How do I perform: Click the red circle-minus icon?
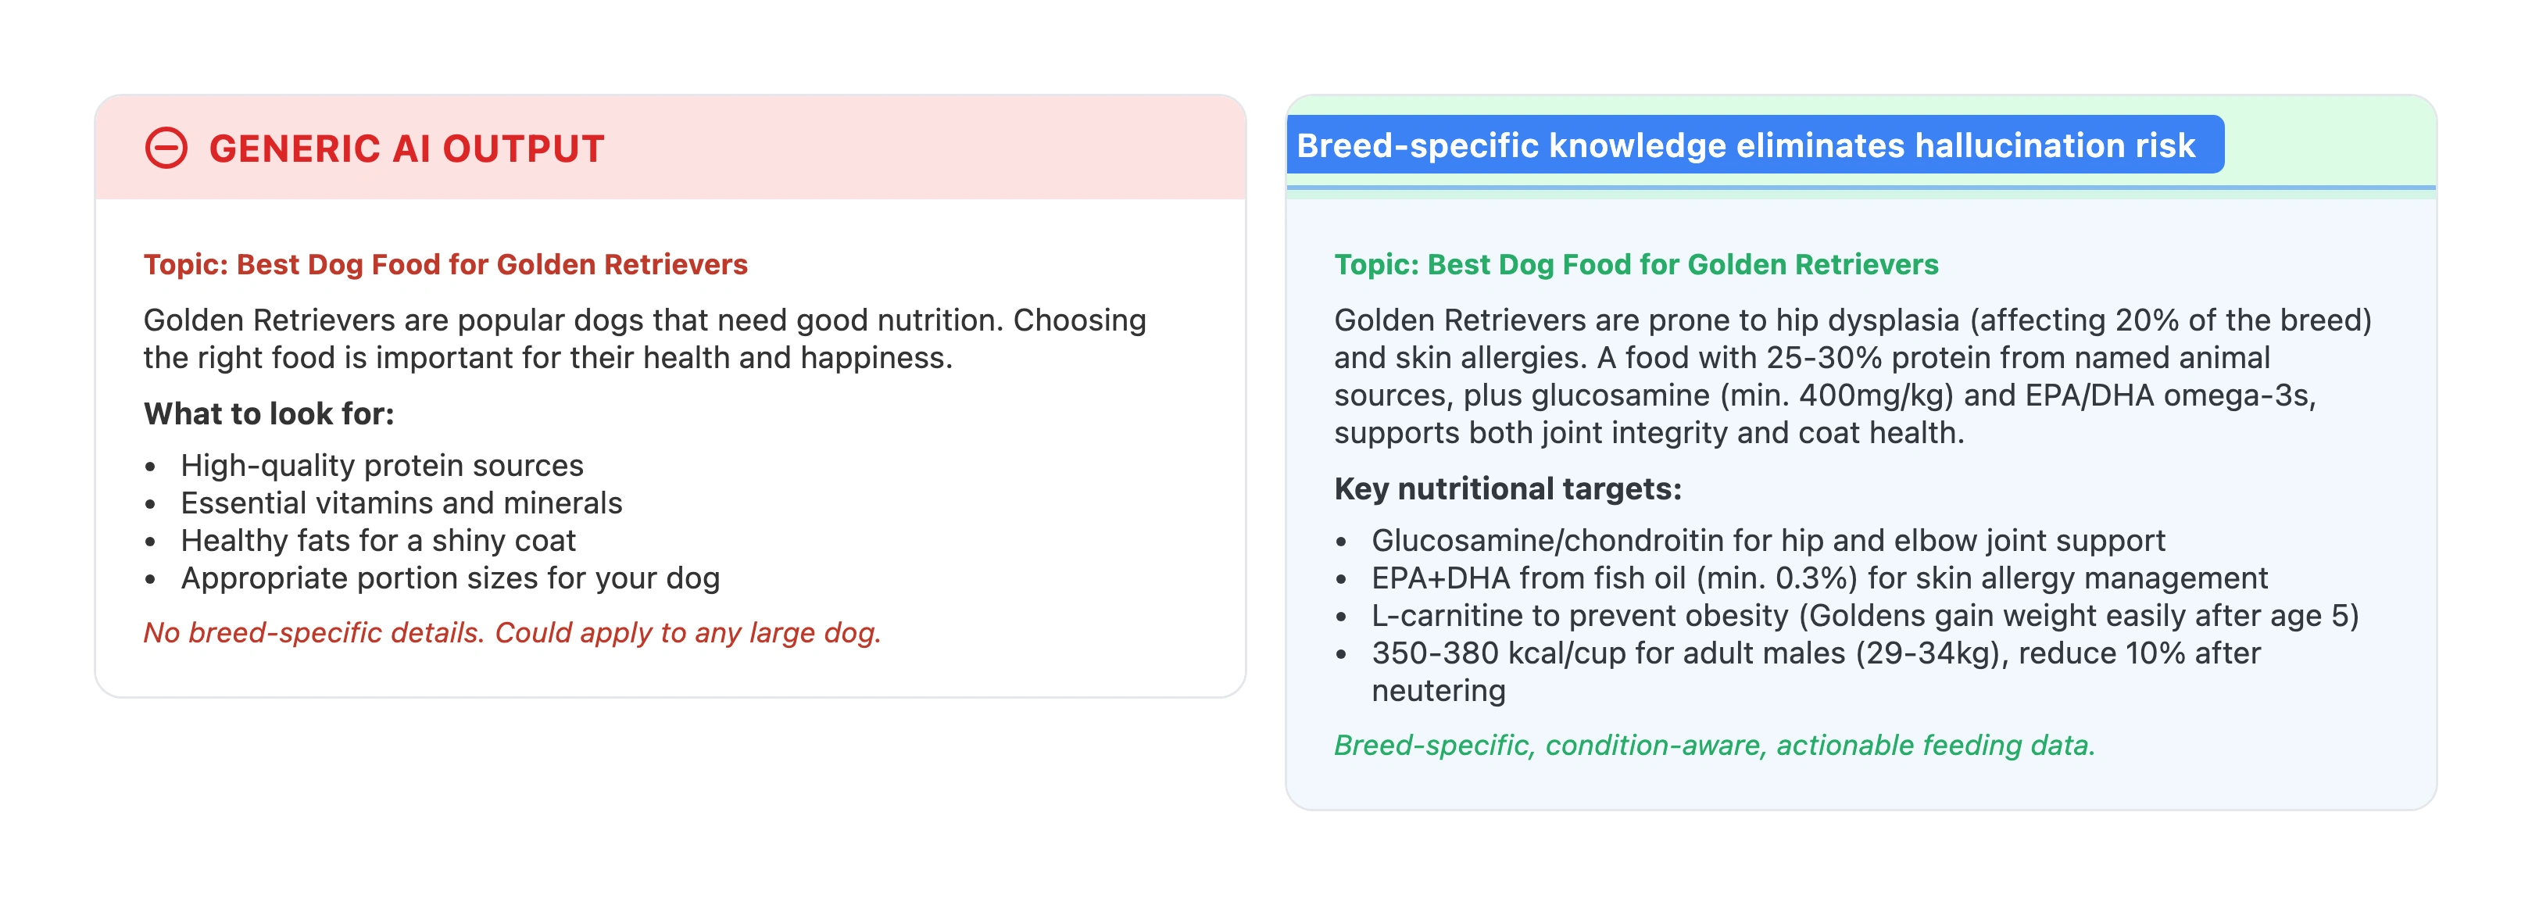point(166,148)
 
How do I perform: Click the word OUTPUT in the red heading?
point(523,149)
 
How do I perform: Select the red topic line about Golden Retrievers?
point(445,264)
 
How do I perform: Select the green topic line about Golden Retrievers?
point(1636,264)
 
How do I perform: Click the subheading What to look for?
point(268,413)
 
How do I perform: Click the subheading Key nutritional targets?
point(1507,488)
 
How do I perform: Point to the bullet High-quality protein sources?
point(381,465)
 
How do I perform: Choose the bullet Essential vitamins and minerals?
point(401,503)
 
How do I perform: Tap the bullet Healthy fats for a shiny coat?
point(377,541)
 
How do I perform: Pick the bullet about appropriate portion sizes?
point(450,578)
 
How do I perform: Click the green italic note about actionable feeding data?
point(1713,745)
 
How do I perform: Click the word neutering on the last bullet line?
point(1438,691)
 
